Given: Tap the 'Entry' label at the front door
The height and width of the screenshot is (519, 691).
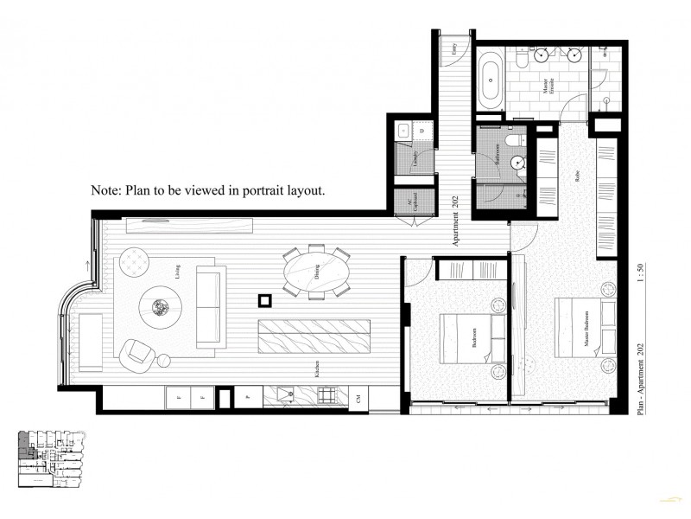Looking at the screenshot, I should pos(455,52).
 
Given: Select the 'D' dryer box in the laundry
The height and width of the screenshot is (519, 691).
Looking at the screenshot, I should pos(422,131).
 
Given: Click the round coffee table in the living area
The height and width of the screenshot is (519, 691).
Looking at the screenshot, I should pos(160,305).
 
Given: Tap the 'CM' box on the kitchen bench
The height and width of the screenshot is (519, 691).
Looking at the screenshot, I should pos(358,397).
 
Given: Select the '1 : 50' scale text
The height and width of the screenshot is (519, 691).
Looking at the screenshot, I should pos(640,286).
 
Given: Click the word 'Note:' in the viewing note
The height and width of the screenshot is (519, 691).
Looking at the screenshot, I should pos(106,190).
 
